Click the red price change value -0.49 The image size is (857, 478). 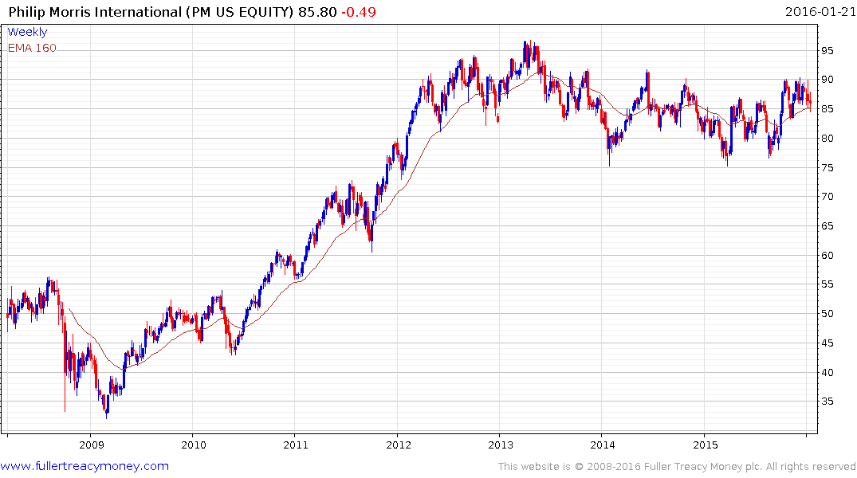(360, 12)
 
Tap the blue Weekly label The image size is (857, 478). (27, 32)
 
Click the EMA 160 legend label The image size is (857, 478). (32, 48)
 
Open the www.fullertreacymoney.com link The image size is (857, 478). (85, 466)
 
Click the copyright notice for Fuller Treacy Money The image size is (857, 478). (677, 467)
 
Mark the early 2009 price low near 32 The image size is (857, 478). (106, 415)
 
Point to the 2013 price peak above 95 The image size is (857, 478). (525, 42)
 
